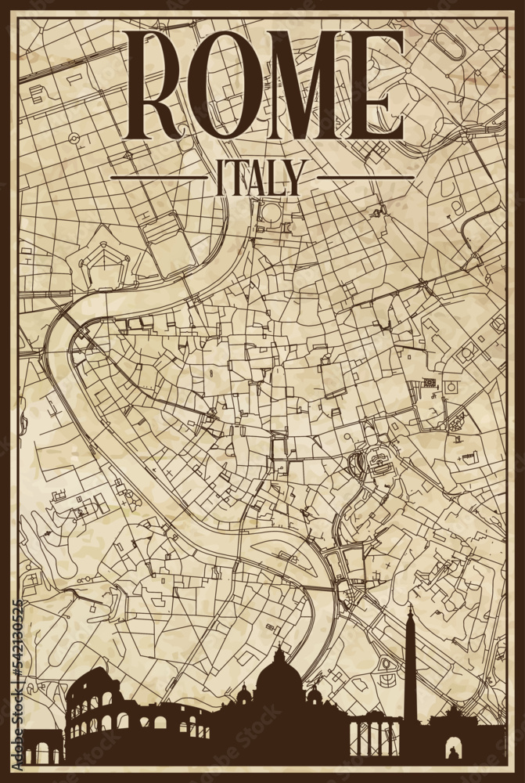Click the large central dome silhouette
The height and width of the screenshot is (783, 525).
tap(280, 689)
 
